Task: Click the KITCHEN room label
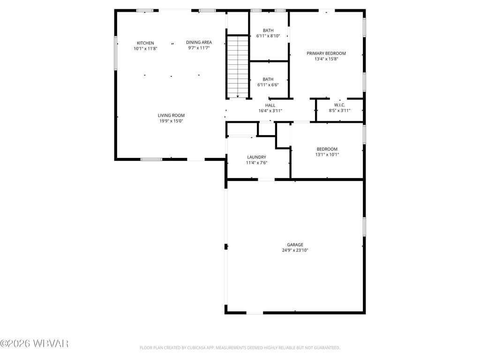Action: (x=145, y=43)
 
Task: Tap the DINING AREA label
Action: (x=199, y=42)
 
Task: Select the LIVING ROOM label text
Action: (x=171, y=115)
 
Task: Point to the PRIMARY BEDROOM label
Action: (x=326, y=53)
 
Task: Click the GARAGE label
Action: (x=295, y=245)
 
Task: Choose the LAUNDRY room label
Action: (x=256, y=157)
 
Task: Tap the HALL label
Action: (x=270, y=105)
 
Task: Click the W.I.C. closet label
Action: (x=339, y=105)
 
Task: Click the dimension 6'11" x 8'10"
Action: (x=268, y=36)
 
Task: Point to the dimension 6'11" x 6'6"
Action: (x=268, y=85)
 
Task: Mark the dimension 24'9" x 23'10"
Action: (x=295, y=250)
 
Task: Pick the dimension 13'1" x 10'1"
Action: (x=327, y=155)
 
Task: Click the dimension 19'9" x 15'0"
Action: (x=171, y=121)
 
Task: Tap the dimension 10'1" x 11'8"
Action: (x=145, y=48)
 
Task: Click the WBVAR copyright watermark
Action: (x=35, y=344)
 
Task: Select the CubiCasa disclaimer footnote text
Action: (x=240, y=348)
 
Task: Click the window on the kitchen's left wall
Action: (x=116, y=54)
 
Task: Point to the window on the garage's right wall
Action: (x=364, y=227)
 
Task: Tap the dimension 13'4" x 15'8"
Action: (x=326, y=59)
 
